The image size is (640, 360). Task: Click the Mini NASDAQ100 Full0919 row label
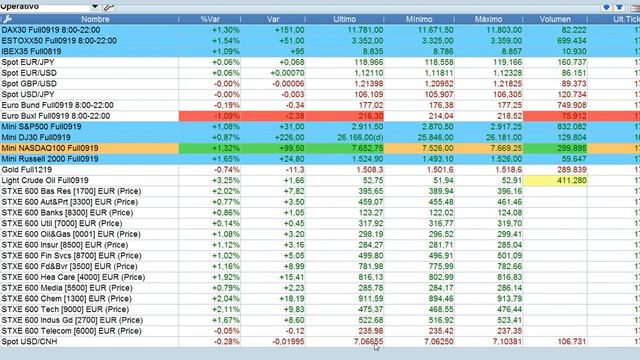pos(50,148)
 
